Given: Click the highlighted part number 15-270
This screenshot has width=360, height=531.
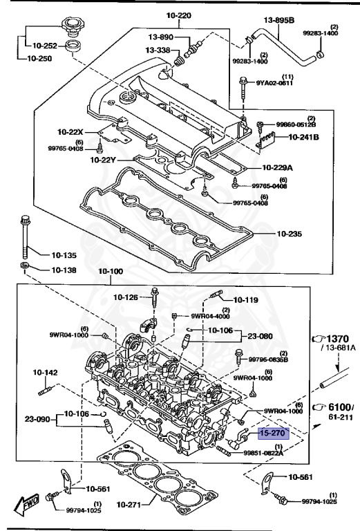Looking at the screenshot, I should [273, 434].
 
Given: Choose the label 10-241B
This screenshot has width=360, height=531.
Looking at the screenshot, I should [304, 137].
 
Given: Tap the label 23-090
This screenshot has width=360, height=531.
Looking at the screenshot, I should [39, 418].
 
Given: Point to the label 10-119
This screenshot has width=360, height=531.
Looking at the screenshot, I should [245, 300].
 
